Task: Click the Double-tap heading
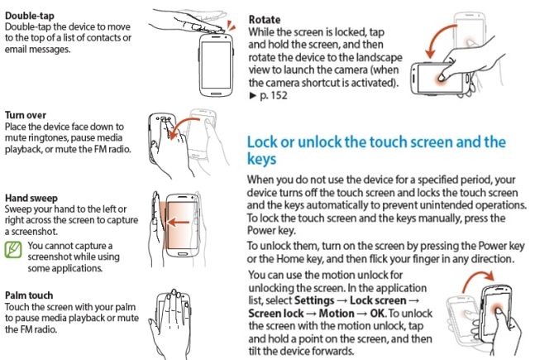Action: coord(29,16)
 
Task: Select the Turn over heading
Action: coord(26,115)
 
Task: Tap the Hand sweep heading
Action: coord(31,198)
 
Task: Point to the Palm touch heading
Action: coord(29,295)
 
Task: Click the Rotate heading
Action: coord(265,20)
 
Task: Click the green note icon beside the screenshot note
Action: coord(13,249)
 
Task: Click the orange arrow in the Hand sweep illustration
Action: coord(179,223)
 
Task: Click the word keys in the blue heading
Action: coord(261,159)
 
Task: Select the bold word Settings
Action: coord(314,300)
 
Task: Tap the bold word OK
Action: coord(378,314)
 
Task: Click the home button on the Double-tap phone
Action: coord(216,93)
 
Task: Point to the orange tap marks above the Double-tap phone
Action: coord(231,26)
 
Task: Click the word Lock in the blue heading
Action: coord(262,142)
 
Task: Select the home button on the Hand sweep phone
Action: coord(182,254)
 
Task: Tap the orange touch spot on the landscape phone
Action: coord(441,78)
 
